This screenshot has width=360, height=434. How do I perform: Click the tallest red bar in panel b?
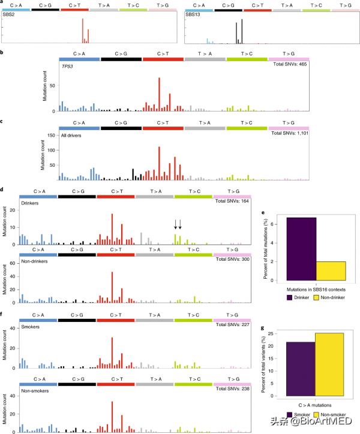pos(159,95)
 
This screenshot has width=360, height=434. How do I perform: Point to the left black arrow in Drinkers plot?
pos(175,224)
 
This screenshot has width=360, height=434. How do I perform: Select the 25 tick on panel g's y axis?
pos(280,333)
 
